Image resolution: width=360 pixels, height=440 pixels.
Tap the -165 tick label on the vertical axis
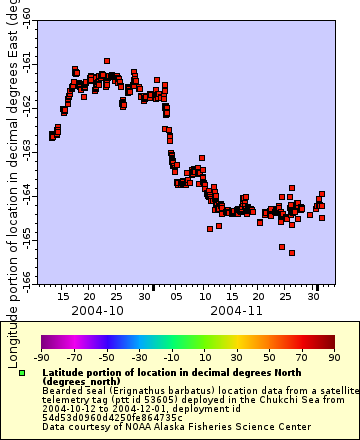pos(27,233)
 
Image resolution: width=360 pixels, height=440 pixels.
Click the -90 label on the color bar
pos(41,357)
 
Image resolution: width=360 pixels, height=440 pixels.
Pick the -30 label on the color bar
pos(139,357)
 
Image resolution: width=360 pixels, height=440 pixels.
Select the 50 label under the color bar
pos(269,357)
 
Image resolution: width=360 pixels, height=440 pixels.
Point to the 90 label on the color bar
pos(334,357)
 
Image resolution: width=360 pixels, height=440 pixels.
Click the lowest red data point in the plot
pos(292,252)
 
